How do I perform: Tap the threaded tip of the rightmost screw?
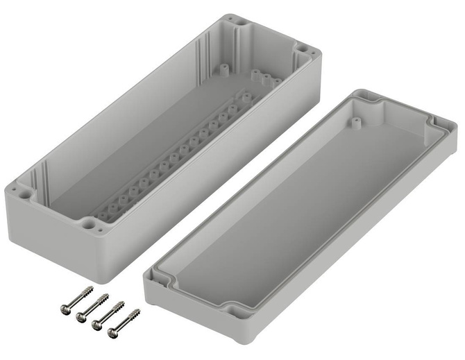pos(136,311)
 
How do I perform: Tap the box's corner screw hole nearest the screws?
pos(90,225)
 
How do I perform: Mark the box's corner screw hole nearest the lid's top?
pos(304,51)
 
